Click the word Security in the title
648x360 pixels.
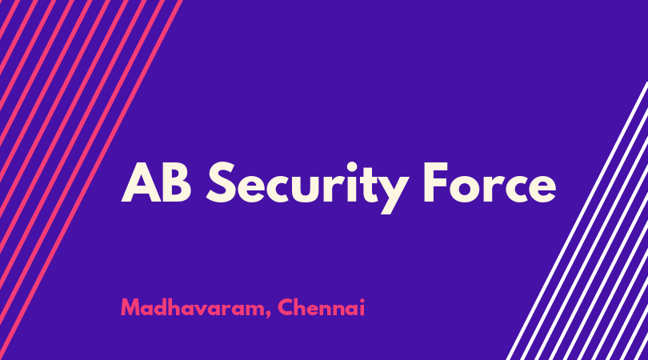(308, 188)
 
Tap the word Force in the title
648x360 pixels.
(490, 182)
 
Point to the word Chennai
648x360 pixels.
(322, 307)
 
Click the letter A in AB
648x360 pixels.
(142, 182)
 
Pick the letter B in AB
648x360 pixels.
(178, 182)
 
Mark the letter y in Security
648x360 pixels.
(391, 194)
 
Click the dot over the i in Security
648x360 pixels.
(352, 166)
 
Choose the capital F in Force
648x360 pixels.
(435, 182)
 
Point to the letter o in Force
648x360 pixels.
(465, 188)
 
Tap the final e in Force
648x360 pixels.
(541, 188)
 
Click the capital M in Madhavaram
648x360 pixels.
(130, 307)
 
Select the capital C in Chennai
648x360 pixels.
(286, 307)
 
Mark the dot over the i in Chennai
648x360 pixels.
(362, 301)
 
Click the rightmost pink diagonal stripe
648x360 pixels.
(91, 180)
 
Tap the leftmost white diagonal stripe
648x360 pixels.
(578, 221)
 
